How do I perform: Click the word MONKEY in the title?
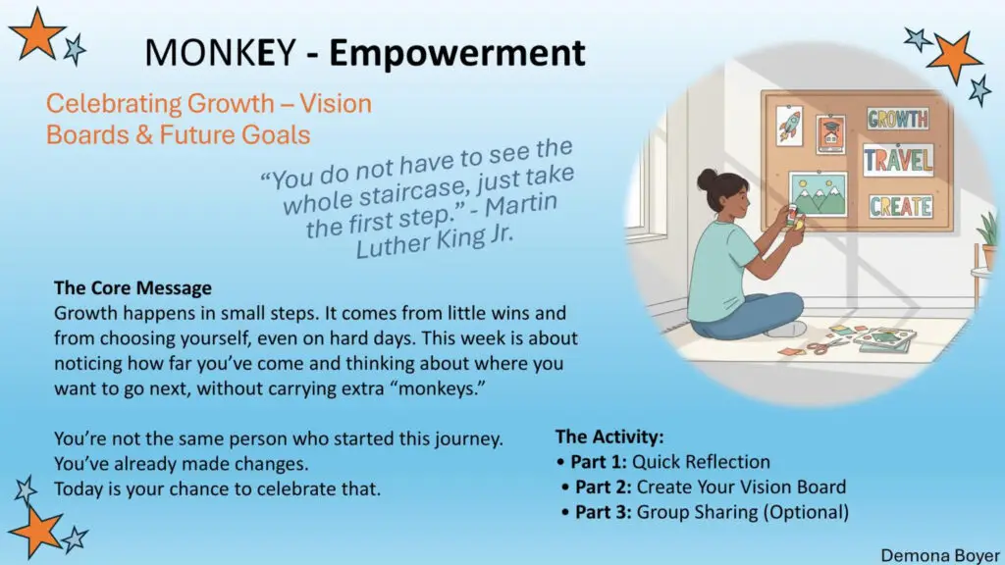[x=221, y=53]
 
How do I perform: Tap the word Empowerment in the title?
[x=457, y=53]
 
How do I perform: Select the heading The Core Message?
[x=132, y=288]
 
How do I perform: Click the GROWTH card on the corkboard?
[x=898, y=119]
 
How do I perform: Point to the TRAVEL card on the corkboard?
[x=898, y=160]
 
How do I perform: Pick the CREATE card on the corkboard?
[x=901, y=206]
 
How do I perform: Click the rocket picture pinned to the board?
[x=790, y=126]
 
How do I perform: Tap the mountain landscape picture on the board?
[x=819, y=193]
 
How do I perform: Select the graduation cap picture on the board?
[x=830, y=133]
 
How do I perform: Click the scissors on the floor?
[x=824, y=347]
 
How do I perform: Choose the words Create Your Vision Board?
[x=741, y=487]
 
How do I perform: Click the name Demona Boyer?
[x=939, y=555]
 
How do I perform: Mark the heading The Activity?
[x=608, y=437]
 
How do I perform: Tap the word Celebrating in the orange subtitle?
[x=114, y=104]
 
